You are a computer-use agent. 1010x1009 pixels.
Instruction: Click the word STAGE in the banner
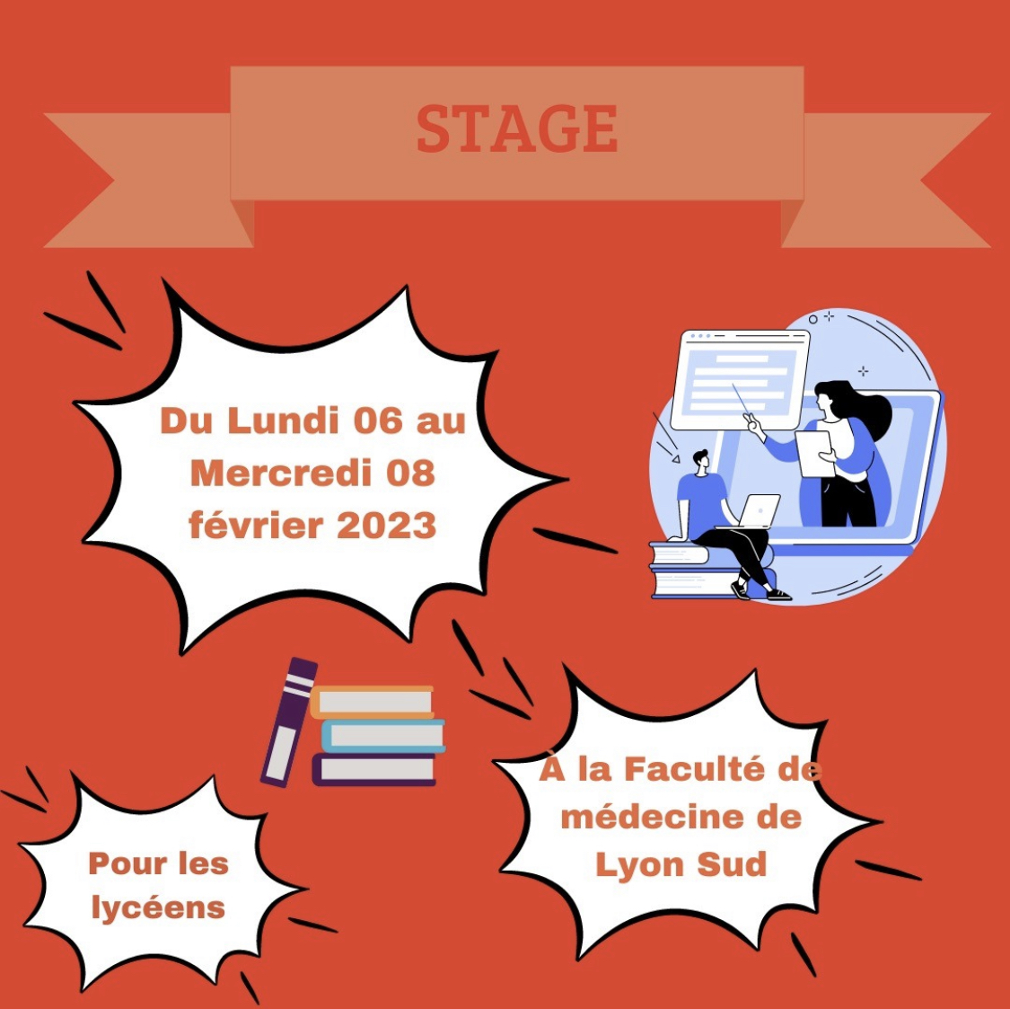pyautogui.click(x=517, y=129)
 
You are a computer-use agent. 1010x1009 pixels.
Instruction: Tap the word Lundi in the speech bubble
pyautogui.click(x=283, y=421)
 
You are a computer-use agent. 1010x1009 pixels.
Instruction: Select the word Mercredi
pyautogui.click(x=279, y=474)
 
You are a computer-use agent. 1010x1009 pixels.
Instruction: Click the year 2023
pyautogui.click(x=386, y=526)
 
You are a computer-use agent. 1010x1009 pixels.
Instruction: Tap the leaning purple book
pyautogui.click(x=288, y=722)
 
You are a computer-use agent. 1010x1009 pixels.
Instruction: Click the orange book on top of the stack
pyautogui.click(x=373, y=702)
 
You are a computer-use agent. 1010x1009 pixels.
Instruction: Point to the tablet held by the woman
pyautogui.click(x=815, y=454)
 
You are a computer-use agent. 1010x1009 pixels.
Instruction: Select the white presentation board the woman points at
pyautogui.click(x=740, y=380)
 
